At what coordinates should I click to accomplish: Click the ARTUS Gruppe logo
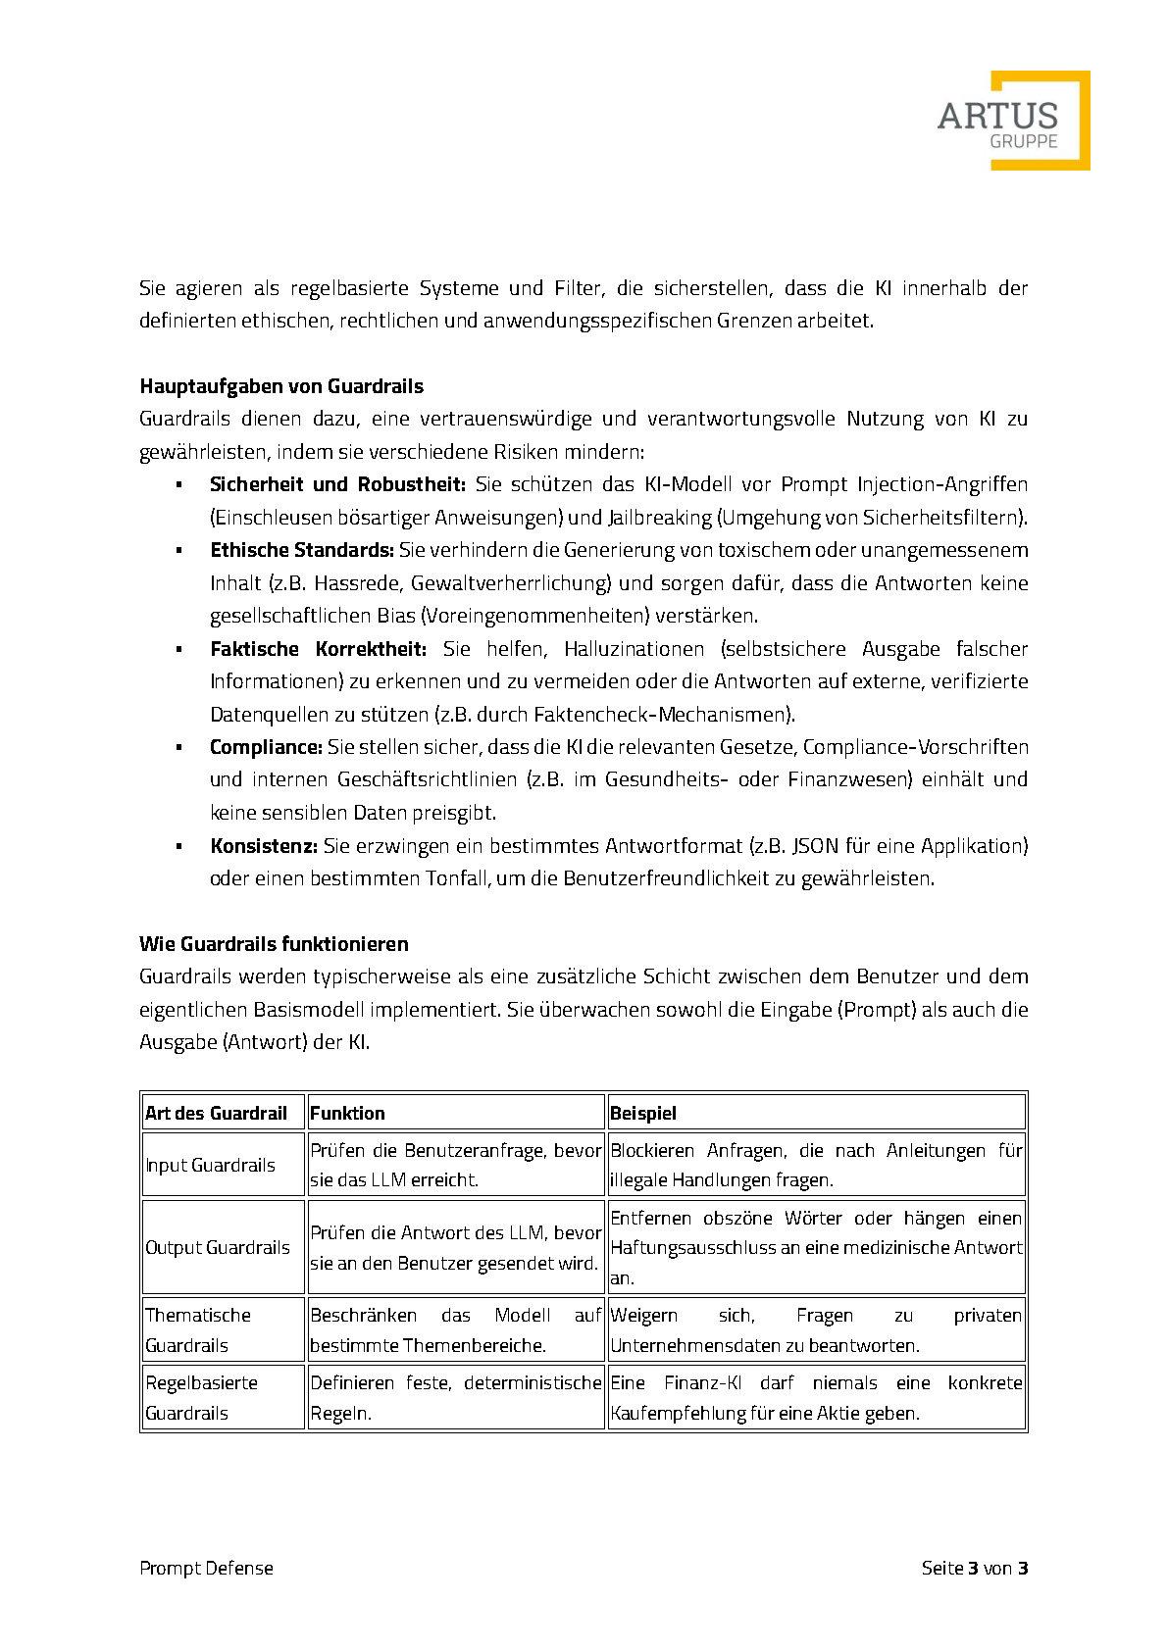pyautogui.click(x=1012, y=121)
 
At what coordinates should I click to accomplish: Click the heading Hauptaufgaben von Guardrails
pyautogui.click(x=281, y=386)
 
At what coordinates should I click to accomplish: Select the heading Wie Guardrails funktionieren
pyautogui.click(x=274, y=944)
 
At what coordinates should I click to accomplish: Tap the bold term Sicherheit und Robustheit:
pyautogui.click(x=337, y=484)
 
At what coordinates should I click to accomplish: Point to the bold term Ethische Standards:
pyautogui.click(x=301, y=550)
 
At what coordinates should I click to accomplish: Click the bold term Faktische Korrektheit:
pyautogui.click(x=318, y=648)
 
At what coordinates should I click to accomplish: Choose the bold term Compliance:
pyautogui.click(x=266, y=747)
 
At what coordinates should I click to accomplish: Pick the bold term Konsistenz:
pyautogui.click(x=263, y=845)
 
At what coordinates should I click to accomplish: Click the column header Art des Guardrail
pyautogui.click(x=217, y=1113)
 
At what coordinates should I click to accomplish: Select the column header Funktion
pyautogui.click(x=348, y=1113)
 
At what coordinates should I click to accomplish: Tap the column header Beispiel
pyautogui.click(x=643, y=1113)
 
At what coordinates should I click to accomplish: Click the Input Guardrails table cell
pyautogui.click(x=210, y=1165)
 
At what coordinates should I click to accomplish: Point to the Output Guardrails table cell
pyautogui.click(x=218, y=1247)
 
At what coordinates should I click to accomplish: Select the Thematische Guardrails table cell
pyautogui.click(x=198, y=1329)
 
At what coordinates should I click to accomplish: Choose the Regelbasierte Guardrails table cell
pyautogui.click(x=201, y=1397)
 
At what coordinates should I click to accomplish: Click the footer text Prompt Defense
pyautogui.click(x=206, y=1568)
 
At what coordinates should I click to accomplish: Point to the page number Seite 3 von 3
pyautogui.click(x=974, y=1568)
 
